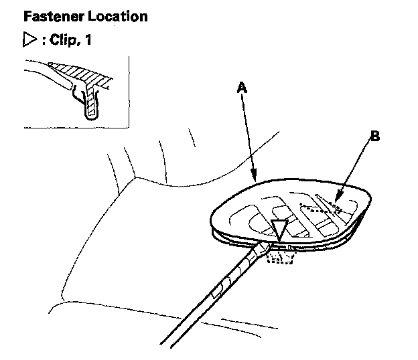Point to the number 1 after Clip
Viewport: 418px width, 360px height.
point(88,40)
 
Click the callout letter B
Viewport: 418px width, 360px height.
point(374,137)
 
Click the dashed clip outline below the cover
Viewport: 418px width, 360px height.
point(277,255)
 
